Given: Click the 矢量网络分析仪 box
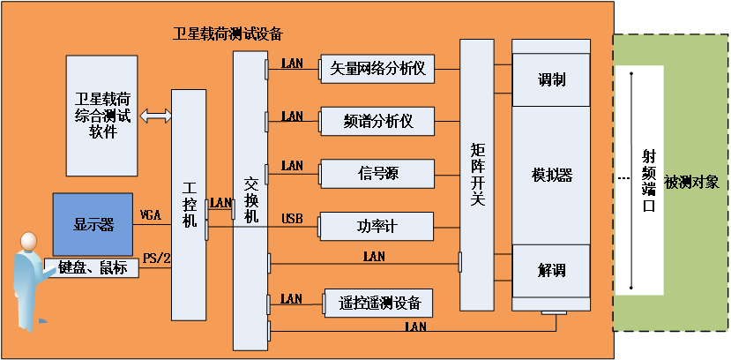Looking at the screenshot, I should pos(377,69).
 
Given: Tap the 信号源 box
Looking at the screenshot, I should pos(377,173).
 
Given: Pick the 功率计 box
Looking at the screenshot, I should pos(377,227).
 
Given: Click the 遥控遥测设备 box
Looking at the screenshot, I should pos(379,303).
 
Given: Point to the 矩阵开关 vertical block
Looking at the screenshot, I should pos(477,175).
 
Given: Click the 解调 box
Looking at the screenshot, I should pos(551,270).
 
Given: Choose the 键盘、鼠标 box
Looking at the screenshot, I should pos(92,267).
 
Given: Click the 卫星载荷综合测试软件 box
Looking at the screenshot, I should pos(103,115).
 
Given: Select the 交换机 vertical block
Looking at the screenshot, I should pos(250,201).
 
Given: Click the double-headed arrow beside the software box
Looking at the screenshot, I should pos(156,115).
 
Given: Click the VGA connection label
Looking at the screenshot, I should pos(152,215).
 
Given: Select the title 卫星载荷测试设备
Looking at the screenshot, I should pos(228,34).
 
